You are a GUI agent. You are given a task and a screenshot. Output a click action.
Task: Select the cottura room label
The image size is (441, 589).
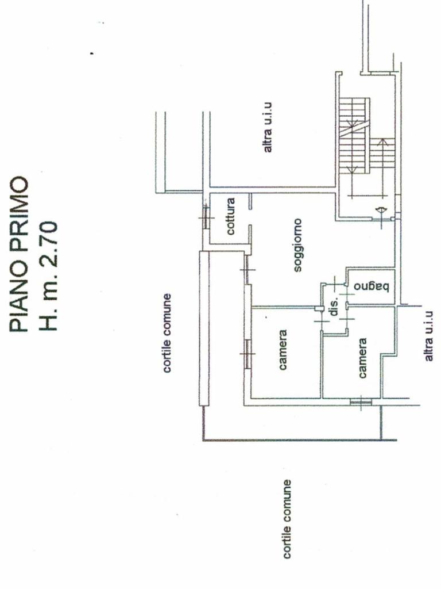pyautogui.click(x=231, y=217)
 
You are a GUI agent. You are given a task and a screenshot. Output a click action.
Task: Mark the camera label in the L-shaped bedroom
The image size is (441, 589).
pyautogui.click(x=363, y=358)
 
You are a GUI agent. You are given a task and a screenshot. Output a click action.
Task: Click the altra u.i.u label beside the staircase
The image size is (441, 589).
pyautogui.click(x=268, y=128)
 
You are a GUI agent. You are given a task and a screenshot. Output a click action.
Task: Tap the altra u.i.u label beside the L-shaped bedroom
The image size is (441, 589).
pyautogui.click(x=428, y=335)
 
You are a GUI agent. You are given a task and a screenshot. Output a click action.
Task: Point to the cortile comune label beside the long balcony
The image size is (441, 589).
pyautogui.click(x=167, y=333)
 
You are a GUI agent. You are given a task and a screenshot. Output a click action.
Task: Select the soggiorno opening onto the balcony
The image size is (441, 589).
pyautogui.click(x=247, y=270)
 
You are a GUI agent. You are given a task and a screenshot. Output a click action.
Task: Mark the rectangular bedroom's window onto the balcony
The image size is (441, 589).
pyautogui.click(x=247, y=353)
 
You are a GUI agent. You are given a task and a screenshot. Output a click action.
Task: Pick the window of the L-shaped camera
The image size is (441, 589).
pyautogui.click(x=361, y=402)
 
